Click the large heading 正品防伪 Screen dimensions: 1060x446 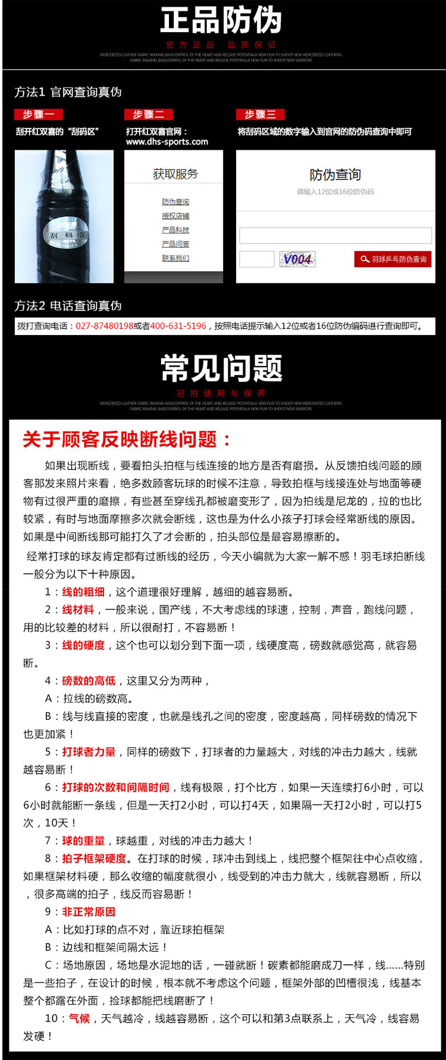point(221,21)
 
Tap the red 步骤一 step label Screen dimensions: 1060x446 point(38,115)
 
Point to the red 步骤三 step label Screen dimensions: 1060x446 point(260,115)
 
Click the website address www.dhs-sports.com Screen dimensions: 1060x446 point(167,142)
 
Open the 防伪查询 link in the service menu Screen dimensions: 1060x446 point(175,202)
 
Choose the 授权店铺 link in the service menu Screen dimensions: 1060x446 point(175,216)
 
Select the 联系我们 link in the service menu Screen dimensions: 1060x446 point(175,258)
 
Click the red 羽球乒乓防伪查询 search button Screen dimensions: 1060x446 point(393,259)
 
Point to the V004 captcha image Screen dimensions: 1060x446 point(297,259)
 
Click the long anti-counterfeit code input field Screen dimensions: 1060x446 point(335,235)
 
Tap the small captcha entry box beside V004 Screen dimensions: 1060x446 point(256,259)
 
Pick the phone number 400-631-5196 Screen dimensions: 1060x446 point(178,326)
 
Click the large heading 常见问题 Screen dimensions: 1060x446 point(221,368)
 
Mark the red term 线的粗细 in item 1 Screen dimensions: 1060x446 point(83,592)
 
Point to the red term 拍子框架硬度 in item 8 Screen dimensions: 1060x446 point(94,859)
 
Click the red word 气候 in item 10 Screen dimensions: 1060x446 point(80,1018)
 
